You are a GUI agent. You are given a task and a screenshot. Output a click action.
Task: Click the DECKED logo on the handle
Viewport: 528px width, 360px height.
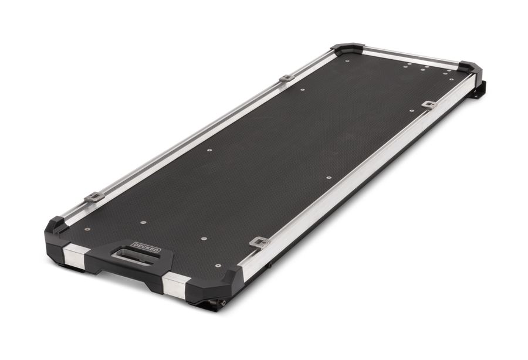tap(147, 246)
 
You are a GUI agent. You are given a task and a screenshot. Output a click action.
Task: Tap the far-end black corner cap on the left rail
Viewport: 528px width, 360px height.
tap(347, 47)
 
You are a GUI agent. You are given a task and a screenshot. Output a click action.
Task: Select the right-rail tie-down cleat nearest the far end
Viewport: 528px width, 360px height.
tap(429, 104)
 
